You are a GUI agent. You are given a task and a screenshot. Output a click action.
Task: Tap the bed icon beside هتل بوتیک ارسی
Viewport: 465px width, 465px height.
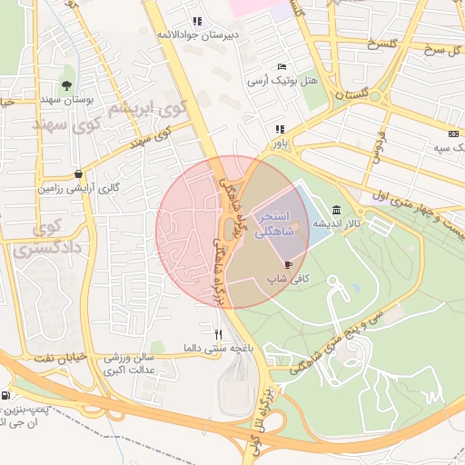[x=282, y=66]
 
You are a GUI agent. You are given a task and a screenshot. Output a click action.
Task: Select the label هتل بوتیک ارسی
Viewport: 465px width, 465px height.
[x=282, y=81]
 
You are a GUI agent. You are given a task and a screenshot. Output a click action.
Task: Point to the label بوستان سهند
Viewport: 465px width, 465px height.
[x=63, y=97]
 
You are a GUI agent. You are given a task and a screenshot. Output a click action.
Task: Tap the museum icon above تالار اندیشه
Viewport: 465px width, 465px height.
[x=337, y=209]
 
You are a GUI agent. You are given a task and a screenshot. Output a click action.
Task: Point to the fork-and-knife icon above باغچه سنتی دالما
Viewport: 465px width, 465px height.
[x=218, y=334]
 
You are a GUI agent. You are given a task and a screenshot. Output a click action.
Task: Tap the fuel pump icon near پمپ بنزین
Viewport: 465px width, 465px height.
[x=7, y=396]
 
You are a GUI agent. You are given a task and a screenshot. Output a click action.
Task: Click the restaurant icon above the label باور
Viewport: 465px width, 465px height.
[x=279, y=129]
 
